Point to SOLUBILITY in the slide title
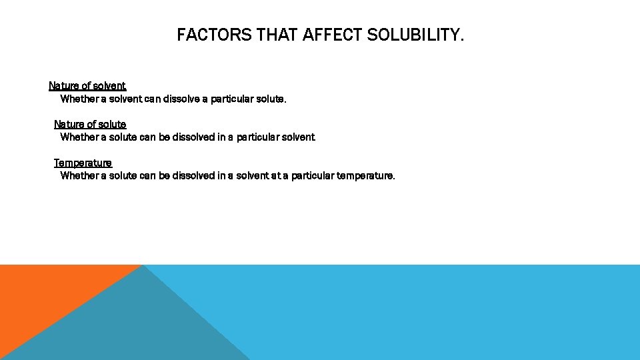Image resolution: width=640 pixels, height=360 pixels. (415, 35)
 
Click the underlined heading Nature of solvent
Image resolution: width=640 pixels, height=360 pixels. (87, 86)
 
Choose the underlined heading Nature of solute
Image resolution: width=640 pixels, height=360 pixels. (90, 125)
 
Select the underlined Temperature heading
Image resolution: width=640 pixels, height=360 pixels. (83, 163)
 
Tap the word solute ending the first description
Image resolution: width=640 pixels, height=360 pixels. (270, 99)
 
